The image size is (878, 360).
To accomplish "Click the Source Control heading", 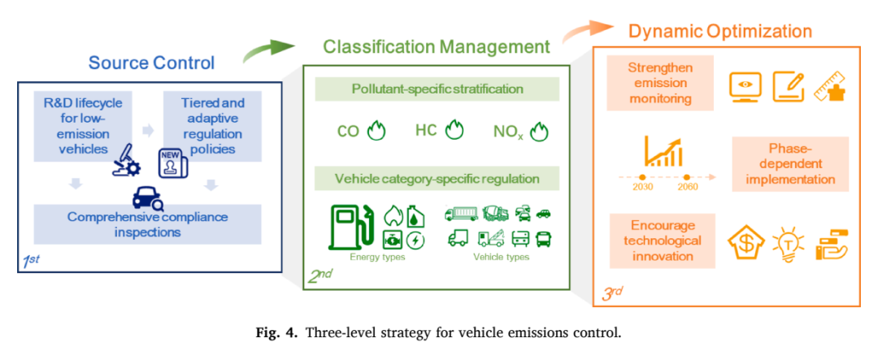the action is (152, 62).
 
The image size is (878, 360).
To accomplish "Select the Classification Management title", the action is (437, 46).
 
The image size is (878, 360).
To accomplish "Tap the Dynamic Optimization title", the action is (720, 31).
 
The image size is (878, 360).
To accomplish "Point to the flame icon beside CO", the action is (377, 132).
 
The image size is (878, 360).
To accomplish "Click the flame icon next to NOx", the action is (539, 132).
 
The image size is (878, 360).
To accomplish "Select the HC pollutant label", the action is (426, 131).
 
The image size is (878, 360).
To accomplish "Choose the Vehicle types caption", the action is (501, 257).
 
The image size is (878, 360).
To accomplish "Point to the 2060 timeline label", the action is (688, 187).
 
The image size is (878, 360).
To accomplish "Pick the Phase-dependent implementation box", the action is (790, 163).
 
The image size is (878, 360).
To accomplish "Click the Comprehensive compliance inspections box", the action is (148, 223).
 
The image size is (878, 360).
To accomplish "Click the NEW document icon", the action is (173, 163).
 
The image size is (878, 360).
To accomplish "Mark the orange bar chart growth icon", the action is (665, 152).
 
